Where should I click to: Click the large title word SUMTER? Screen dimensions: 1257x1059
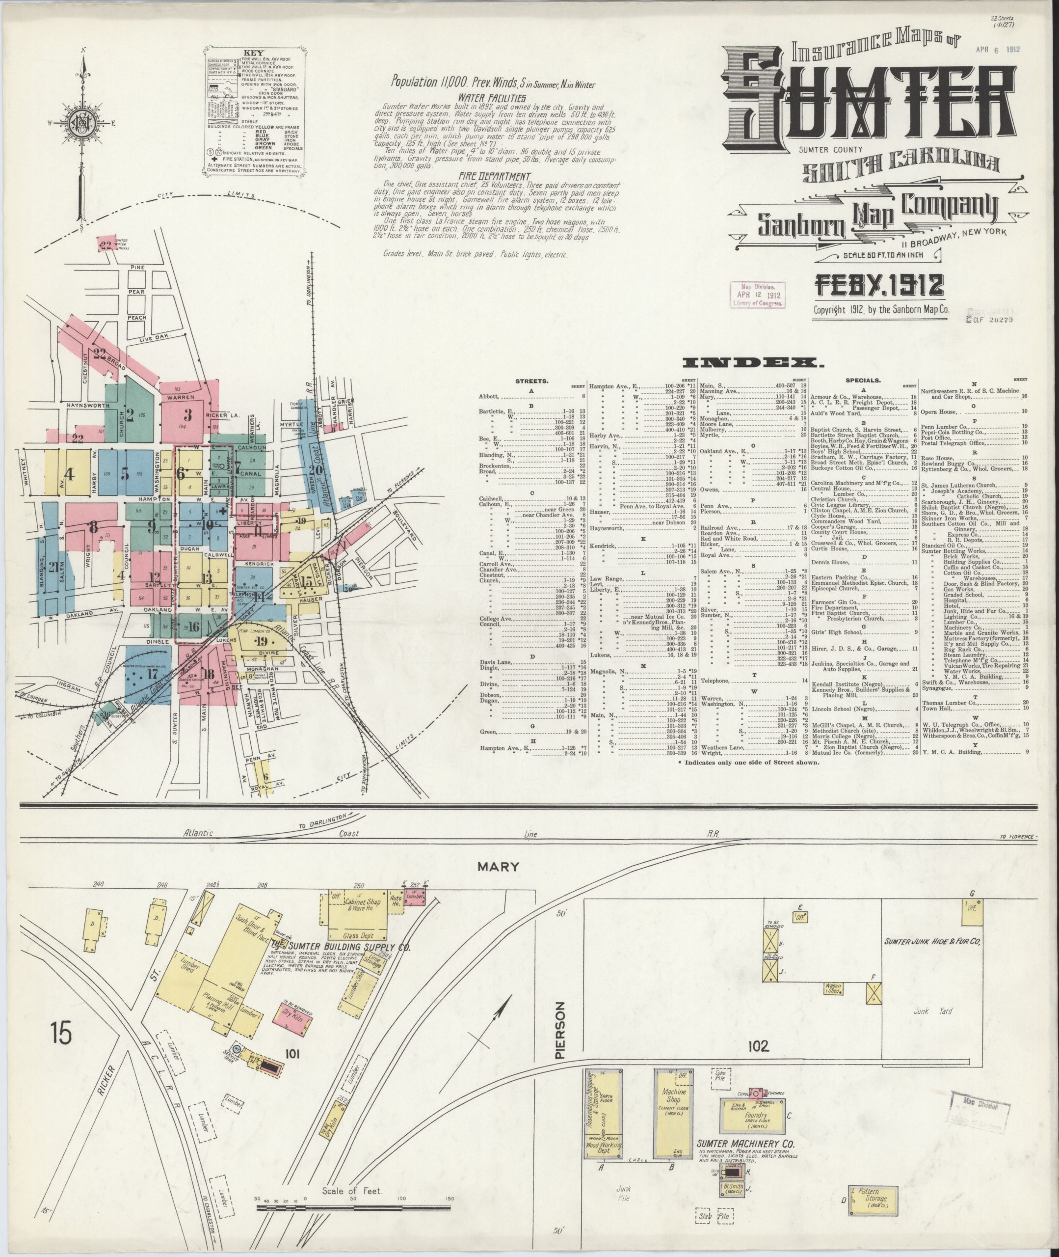pos(871,102)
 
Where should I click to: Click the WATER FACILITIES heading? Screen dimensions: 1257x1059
pos(492,98)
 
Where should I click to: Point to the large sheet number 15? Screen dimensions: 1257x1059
pos(61,1034)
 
